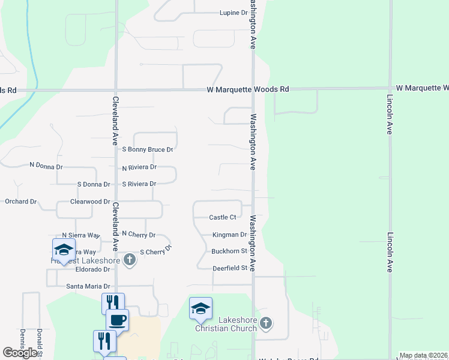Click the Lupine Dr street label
tap(234, 13)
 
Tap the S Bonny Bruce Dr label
tap(147, 149)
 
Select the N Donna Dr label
tap(46, 165)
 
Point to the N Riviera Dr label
tap(139, 168)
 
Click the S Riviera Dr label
tap(139, 184)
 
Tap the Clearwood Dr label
tap(90, 202)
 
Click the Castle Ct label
tap(222, 217)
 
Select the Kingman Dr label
tap(229, 235)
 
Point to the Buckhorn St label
tap(229, 251)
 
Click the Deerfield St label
tap(230, 269)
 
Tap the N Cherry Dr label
tap(139, 234)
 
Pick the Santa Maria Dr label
tap(88, 287)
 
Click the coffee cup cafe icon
tap(118, 319)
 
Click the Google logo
tap(21, 353)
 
